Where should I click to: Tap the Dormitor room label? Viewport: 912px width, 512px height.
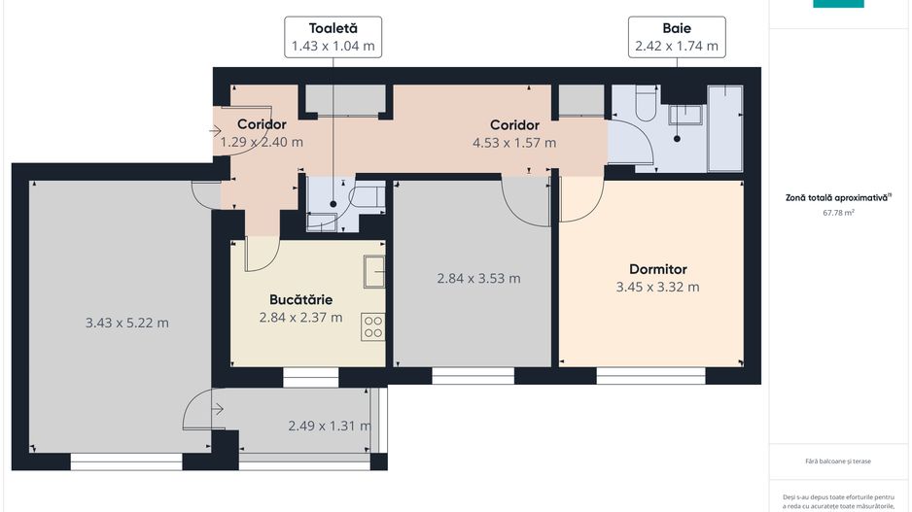pos(657,269)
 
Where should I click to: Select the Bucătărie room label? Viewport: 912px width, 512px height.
pos(300,299)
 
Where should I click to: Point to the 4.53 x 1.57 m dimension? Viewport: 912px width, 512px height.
pos(514,143)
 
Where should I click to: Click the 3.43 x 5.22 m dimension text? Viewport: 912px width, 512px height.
pos(127,323)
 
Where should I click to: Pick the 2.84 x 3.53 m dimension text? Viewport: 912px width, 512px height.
pos(478,278)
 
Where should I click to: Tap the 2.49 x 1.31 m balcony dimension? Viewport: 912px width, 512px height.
pos(330,426)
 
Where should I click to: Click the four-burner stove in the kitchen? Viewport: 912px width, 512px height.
pos(372,326)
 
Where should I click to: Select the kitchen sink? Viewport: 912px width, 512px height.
pos(374,272)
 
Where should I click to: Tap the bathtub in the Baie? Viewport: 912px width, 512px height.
pos(725,128)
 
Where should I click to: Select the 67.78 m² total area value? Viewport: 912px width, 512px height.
pos(838,211)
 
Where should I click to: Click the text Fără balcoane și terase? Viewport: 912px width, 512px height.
pos(838,461)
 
